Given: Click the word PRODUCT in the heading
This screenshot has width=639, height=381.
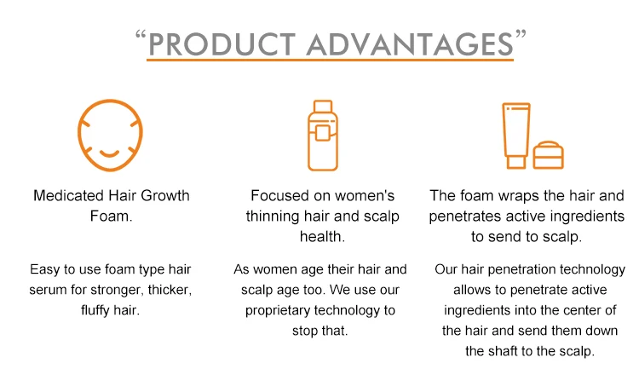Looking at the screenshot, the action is click(222, 44).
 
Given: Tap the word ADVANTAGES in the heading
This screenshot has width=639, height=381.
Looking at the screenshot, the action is click(410, 44).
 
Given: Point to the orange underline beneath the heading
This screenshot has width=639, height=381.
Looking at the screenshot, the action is click(330, 60).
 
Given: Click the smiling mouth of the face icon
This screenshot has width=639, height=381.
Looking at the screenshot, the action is click(109, 153).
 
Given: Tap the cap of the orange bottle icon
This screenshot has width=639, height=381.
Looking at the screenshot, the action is click(323, 106).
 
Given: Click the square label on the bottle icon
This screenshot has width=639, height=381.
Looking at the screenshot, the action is click(322, 133).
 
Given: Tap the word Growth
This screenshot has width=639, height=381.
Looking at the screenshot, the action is click(165, 196).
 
